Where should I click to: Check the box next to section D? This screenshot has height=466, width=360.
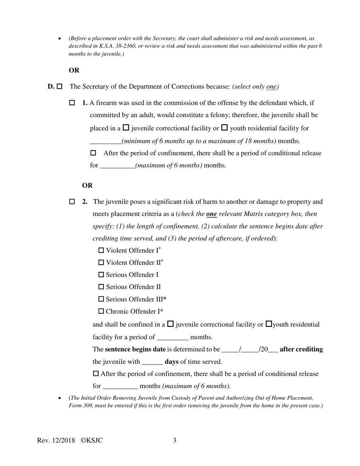tap(59, 87)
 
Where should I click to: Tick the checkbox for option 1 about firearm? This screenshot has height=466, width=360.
tap(72, 103)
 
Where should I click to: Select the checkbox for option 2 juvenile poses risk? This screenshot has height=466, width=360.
tap(72, 202)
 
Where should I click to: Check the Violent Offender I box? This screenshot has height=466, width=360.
tap(101, 250)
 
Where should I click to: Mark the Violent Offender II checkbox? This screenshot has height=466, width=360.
tap(101, 263)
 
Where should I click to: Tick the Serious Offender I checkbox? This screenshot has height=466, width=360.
tap(101, 275)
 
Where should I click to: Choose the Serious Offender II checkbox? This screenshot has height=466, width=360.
tap(101, 287)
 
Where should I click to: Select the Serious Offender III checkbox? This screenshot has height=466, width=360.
tap(101, 299)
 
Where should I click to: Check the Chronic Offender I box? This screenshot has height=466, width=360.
tap(101, 311)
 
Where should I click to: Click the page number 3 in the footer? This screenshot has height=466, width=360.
tap(175, 440)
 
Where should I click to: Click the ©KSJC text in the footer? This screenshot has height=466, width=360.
tap(92, 440)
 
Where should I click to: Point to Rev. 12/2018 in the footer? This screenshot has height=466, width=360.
tap(56, 440)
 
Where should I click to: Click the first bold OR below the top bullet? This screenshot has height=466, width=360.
tap(74, 70)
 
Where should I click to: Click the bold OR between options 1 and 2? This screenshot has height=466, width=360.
tap(87, 185)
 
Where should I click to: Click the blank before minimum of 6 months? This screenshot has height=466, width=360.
tap(105, 141)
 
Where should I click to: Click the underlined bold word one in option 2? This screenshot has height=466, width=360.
tap(211, 214)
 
